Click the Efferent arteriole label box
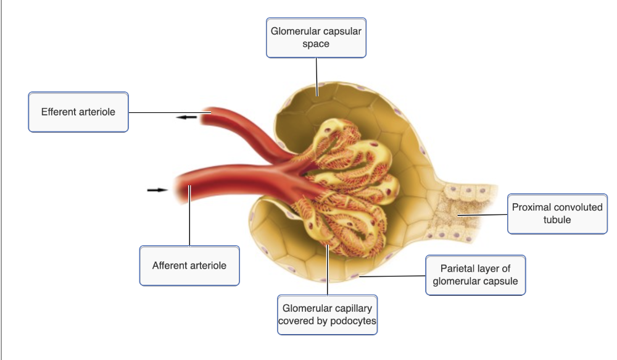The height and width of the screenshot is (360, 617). coord(78,112)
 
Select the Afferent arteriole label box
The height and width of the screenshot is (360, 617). coord(189,266)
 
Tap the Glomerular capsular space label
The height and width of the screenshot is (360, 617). coord(316,38)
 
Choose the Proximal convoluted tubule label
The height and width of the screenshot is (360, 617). coord(557,214)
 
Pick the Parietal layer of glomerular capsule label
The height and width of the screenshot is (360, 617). coord(475,275)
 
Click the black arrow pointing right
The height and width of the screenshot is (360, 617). coord(157,190)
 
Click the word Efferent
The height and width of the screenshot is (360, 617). coord(59,112)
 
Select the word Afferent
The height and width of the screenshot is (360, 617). coord(170,266)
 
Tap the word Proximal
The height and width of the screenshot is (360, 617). coord(532,207)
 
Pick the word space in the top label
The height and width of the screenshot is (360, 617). coord(316,44)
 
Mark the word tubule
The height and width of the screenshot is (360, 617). coord(557,220)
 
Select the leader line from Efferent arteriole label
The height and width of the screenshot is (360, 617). coord(167,113)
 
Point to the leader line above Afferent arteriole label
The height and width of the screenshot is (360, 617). coord(189,222)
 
